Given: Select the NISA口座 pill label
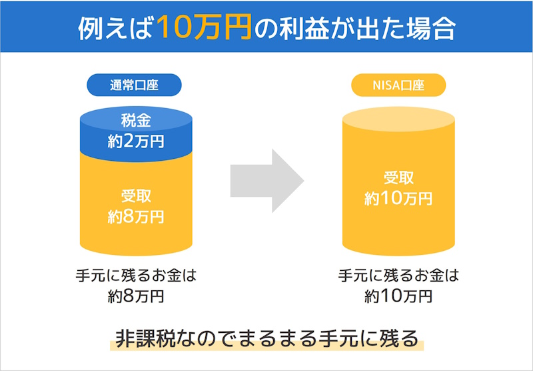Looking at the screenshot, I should [398, 85].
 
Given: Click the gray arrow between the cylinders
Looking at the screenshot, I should [266, 181].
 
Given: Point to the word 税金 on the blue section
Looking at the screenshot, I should [135, 121].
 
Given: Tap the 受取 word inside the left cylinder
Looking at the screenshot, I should [135, 196].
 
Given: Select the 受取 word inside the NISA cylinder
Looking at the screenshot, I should [398, 178].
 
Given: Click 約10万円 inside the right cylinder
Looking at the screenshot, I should [398, 198].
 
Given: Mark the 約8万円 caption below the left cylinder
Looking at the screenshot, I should [135, 296].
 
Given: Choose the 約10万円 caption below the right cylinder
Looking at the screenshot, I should [398, 296].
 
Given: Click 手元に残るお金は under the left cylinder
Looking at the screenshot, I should [135, 276].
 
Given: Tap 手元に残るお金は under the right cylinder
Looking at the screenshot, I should [398, 276].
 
